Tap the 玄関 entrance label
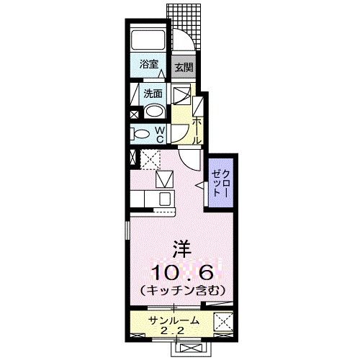point(184,69)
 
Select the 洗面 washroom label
point(152,93)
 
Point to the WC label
point(160,133)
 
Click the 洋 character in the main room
point(181,250)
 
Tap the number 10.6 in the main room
point(181,271)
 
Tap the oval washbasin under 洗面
point(153,111)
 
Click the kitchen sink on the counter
point(164,198)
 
